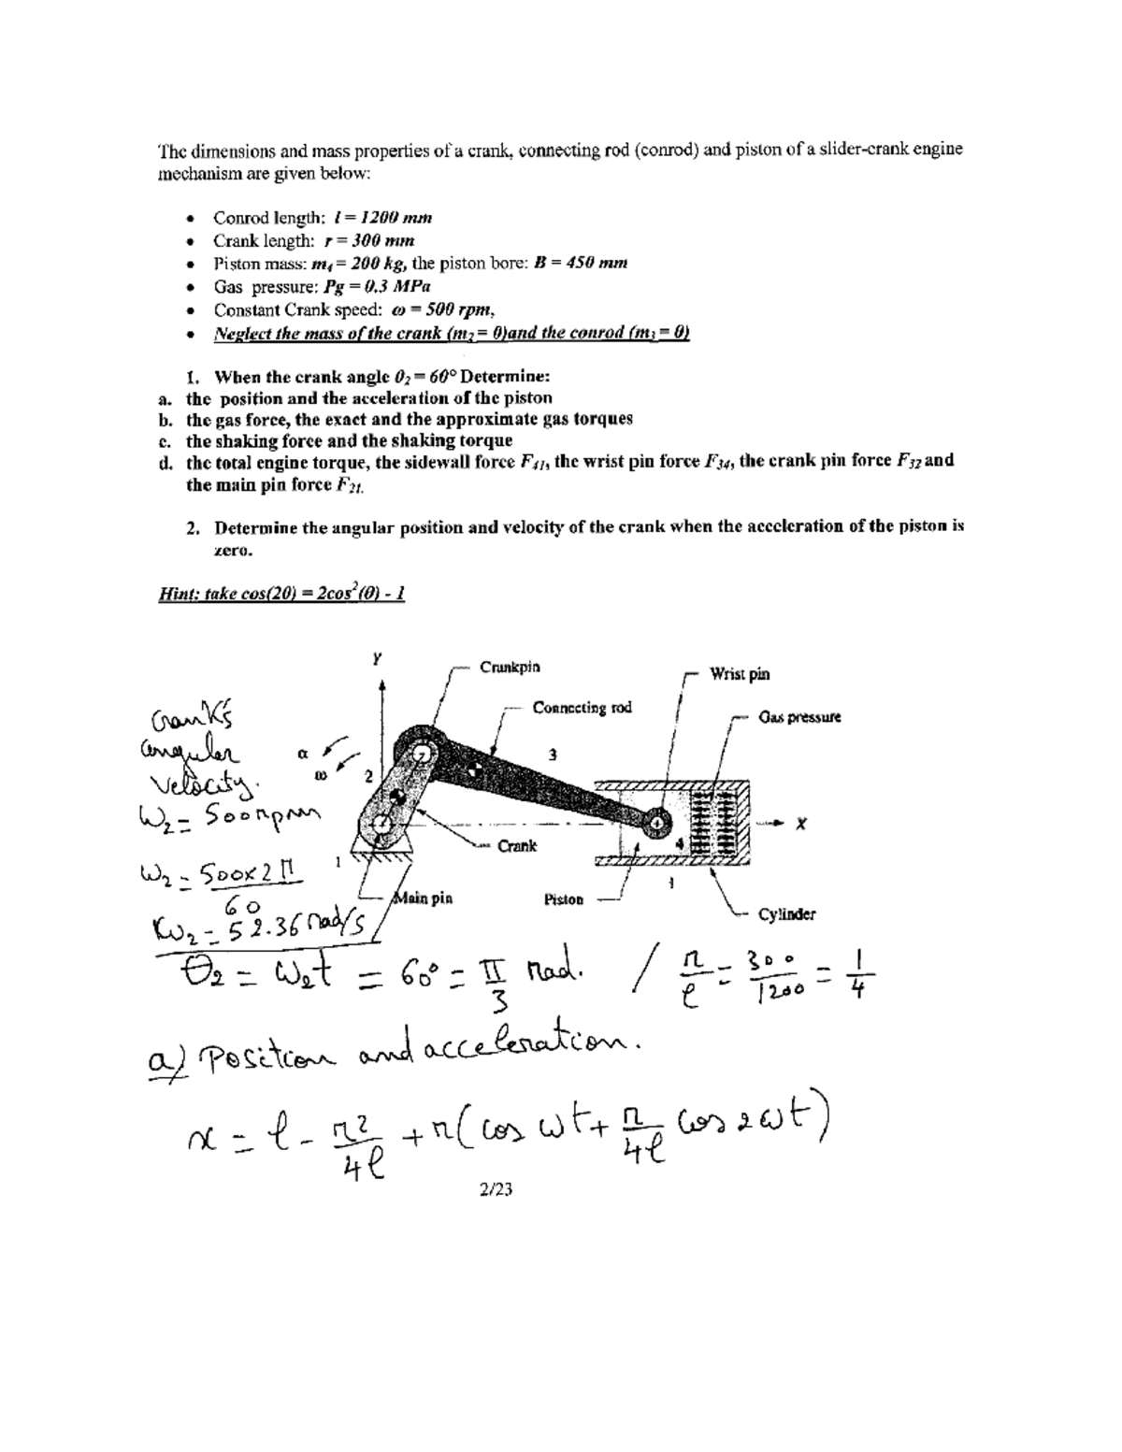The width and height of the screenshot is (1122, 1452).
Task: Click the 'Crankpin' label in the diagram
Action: pyautogui.click(x=510, y=668)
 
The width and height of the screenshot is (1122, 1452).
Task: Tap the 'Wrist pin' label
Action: pyautogui.click(x=740, y=673)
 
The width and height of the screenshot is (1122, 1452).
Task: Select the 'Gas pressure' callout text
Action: pyautogui.click(x=799, y=717)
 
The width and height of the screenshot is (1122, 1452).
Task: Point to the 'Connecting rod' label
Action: pyautogui.click(x=582, y=708)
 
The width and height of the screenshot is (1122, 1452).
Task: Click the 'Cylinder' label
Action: pyautogui.click(x=786, y=913)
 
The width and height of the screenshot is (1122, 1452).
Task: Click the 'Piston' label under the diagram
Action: pyautogui.click(x=564, y=899)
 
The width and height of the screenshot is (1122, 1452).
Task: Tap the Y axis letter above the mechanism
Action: pyautogui.click(x=377, y=658)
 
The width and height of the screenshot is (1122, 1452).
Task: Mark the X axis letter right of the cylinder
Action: pyautogui.click(x=800, y=823)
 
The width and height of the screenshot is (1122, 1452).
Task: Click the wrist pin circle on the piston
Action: pyautogui.click(x=657, y=821)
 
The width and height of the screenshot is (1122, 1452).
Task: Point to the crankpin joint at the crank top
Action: pyautogui.click(x=422, y=752)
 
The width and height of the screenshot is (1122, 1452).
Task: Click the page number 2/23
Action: pyautogui.click(x=496, y=1189)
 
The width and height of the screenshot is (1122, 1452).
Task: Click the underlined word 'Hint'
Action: pyautogui.click(x=178, y=594)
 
